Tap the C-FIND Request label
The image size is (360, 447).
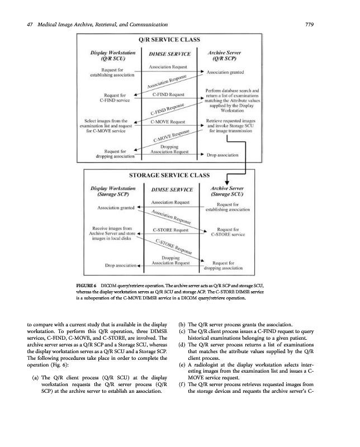[x=169, y=95]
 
